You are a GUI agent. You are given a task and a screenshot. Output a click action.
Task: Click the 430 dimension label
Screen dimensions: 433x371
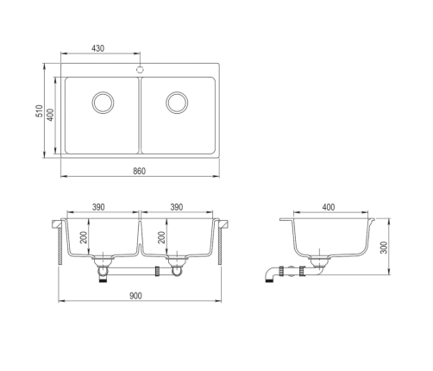[x=97, y=48]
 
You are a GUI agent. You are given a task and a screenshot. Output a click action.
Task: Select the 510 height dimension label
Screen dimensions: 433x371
[x=39, y=111]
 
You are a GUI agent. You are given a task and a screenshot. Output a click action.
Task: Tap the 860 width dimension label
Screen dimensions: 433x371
[x=140, y=171]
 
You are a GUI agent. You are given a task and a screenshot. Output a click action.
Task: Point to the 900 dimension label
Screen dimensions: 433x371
[x=135, y=296]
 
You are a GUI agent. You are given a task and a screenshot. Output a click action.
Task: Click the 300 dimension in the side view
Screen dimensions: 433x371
[x=384, y=248]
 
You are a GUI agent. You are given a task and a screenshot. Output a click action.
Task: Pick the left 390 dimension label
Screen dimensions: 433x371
[x=98, y=207]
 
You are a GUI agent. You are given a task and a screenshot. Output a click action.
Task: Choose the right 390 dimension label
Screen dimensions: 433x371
[x=177, y=207]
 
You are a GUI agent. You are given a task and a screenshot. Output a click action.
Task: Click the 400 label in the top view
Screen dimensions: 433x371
[x=50, y=115]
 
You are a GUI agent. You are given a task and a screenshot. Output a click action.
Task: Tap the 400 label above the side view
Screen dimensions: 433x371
[x=329, y=207]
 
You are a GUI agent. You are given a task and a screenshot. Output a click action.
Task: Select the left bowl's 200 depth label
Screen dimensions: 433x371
[x=84, y=237]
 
